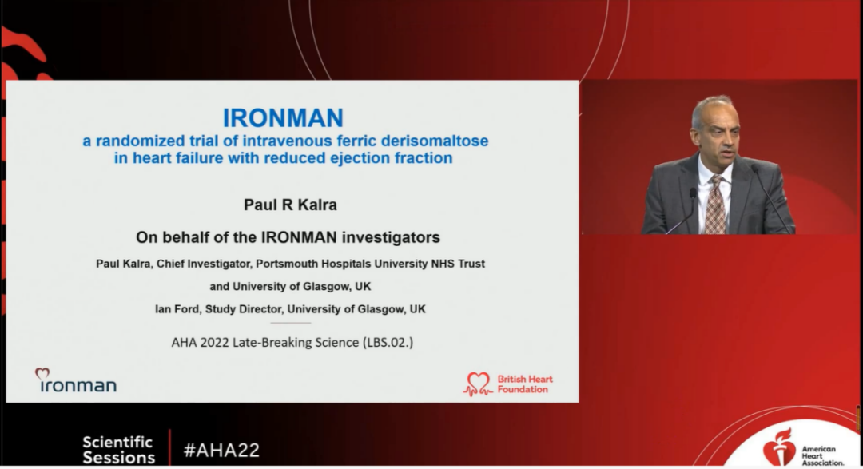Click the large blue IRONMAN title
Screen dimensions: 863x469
pos(283,117)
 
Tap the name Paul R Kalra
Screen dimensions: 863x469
pos(290,205)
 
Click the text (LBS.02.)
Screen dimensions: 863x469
pos(388,343)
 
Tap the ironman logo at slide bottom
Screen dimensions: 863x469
pos(76,380)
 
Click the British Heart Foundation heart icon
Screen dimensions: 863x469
pos(478,384)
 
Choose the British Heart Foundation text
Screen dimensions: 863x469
pos(525,384)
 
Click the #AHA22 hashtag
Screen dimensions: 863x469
pos(221,451)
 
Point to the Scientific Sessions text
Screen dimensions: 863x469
pos(119,450)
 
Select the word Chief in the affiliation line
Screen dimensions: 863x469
pos(170,264)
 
